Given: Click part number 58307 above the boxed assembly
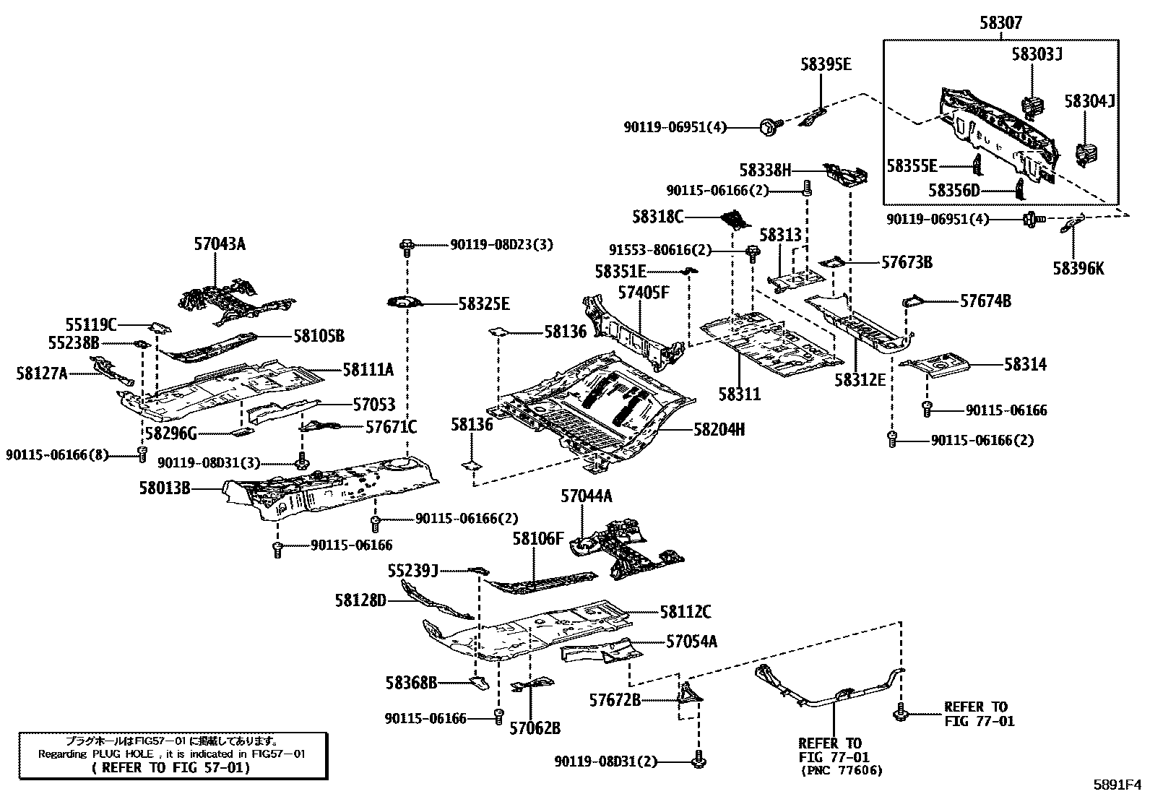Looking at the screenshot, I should point(1000,23).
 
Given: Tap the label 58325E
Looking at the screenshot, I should point(483,304).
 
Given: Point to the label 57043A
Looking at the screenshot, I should point(220,244).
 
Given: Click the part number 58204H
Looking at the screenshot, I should point(719,429).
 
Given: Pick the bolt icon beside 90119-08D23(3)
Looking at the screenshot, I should point(407,246).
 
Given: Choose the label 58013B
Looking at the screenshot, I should point(165,488).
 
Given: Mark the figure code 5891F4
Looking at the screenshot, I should point(1116,783).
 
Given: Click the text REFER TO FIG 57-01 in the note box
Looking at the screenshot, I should point(171,768).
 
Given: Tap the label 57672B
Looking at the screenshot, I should point(615,699).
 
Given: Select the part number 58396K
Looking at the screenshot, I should point(1078,269).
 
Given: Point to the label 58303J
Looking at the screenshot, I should point(1037,53).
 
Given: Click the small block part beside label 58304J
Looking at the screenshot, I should point(1086,154).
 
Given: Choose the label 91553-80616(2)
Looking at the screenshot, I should point(660,251).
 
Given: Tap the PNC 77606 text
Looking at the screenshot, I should point(841,771).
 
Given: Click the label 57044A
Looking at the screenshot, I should point(587,496).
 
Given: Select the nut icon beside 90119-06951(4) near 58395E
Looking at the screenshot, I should point(768,127).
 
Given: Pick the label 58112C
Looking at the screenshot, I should point(685,613).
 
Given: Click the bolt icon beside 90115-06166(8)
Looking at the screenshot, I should point(142,454).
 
